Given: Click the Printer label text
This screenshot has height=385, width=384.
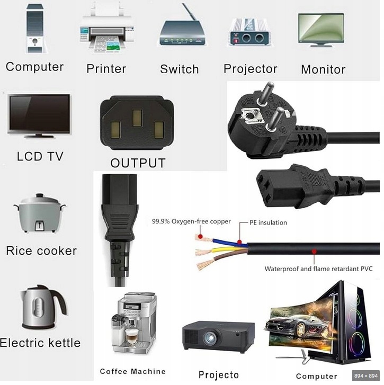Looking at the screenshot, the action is coord(106,69).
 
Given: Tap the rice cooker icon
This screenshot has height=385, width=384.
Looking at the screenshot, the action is coord(41,214).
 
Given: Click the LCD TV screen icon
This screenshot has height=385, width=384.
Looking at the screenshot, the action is coord(39,115).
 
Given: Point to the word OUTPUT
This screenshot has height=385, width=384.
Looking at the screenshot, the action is coord(138,163).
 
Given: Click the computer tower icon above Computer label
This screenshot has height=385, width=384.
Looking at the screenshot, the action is coord(35,29).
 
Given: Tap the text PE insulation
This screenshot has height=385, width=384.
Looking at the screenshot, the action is coord(268,222).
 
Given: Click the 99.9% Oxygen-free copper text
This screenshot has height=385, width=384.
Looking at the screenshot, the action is coord(191,221).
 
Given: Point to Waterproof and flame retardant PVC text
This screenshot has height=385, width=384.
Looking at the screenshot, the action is coord(318,269).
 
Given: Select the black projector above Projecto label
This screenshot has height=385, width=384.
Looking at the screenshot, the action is coord(218,336).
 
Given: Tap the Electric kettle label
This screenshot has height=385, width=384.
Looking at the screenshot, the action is coord(40,343).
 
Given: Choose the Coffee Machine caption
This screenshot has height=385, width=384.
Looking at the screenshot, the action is coord(132,371).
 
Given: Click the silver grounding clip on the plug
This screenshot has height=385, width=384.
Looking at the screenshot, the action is coord(248,113).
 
